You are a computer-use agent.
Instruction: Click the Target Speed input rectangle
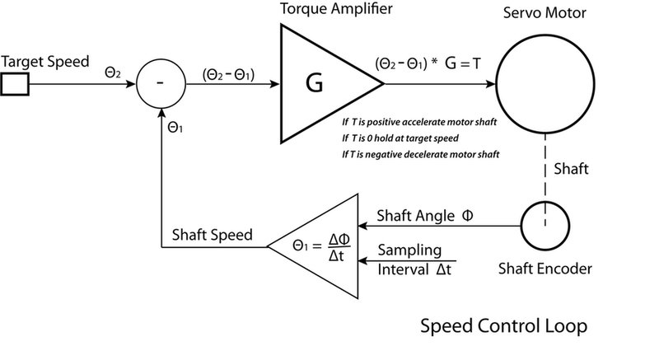16,83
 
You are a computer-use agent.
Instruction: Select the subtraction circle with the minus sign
158,84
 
